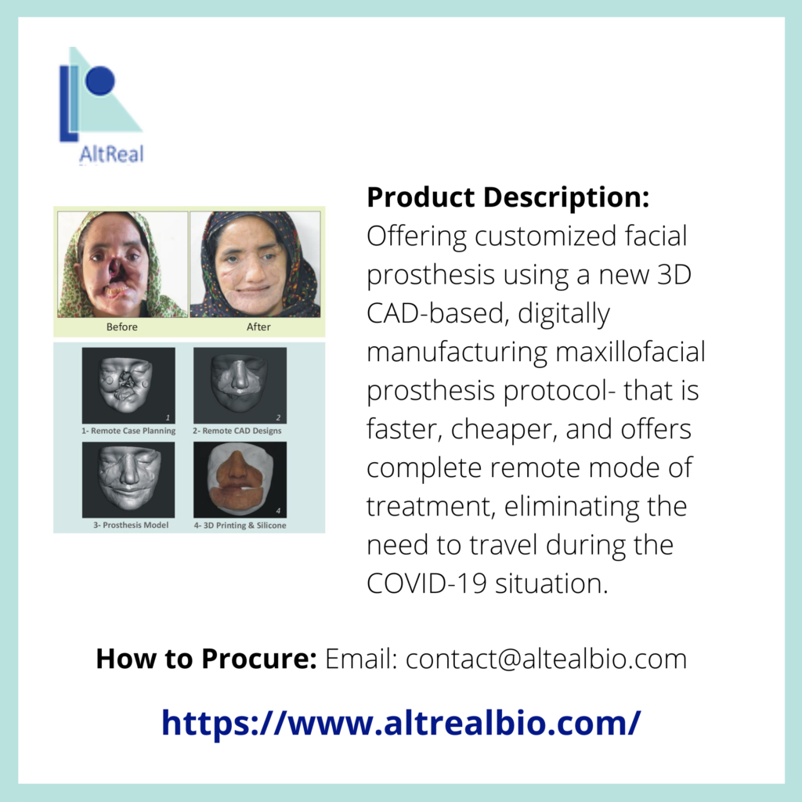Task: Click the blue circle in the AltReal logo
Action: click(100, 81)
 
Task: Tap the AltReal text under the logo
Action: click(111, 154)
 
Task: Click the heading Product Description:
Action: click(508, 197)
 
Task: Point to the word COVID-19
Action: click(427, 583)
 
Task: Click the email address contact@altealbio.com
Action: click(546, 659)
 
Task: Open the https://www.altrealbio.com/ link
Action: click(401, 723)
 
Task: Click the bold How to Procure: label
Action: click(207, 659)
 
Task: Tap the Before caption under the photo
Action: click(121, 327)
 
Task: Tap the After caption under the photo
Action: click(258, 327)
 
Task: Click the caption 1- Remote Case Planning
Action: click(128, 431)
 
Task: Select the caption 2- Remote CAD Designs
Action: click(237, 431)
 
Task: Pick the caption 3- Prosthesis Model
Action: click(131, 525)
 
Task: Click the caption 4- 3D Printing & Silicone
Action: click(240, 526)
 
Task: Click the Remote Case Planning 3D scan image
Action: click(128, 385)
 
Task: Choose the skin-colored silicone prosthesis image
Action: click(240, 480)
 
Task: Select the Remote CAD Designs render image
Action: click(240, 385)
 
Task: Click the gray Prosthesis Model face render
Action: click(128, 480)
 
